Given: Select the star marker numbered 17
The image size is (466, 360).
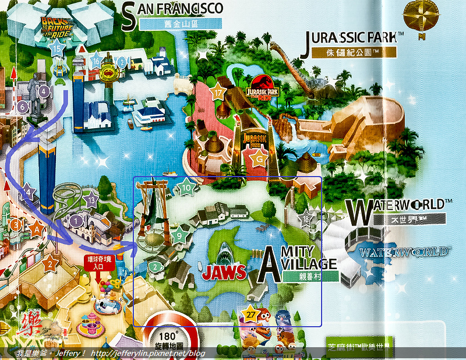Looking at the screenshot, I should tap(218, 93).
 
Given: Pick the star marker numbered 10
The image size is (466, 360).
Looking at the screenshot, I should tap(186, 188).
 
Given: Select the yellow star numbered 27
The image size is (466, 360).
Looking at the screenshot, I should tap(250, 313).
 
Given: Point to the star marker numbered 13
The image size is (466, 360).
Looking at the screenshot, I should tap(90, 201).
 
